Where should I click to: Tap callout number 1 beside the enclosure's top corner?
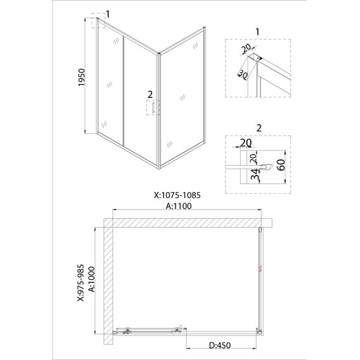pyautogui.click(x=108, y=13)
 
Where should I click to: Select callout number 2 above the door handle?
pyautogui.click(x=150, y=94)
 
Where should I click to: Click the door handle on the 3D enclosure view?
pyautogui.click(x=150, y=108)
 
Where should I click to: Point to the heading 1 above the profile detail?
pyautogui.click(x=258, y=32)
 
